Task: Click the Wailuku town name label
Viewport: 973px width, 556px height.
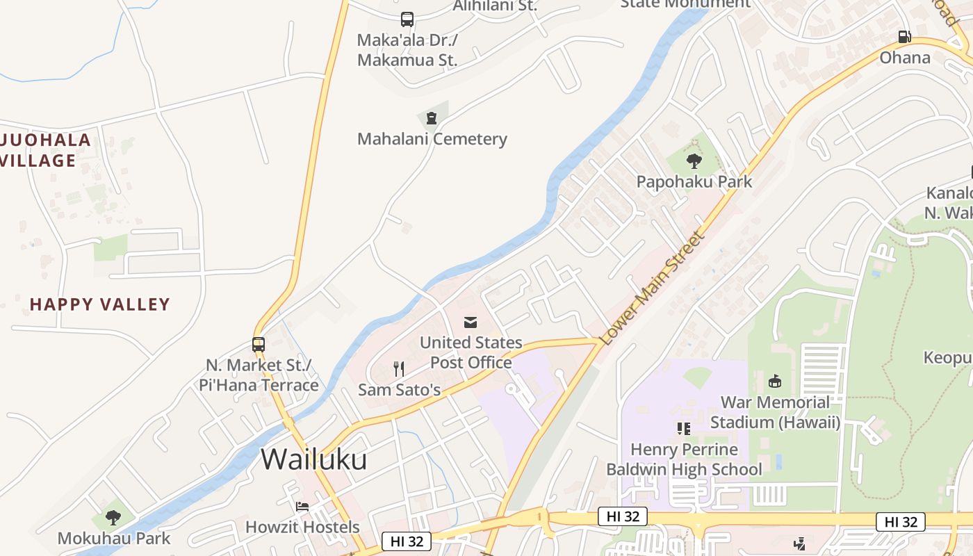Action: pyautogui.click(x=313, y=459)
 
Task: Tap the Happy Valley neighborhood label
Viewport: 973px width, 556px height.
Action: pyautogui.click(x=100, y=304)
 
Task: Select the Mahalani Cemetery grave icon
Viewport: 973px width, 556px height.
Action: pyautogui.click(x=432, y=117)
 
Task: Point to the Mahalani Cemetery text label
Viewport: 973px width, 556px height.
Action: pyautogui.click(x=432, y=139)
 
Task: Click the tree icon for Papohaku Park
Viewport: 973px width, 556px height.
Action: pyautogui.click(x=694, y=161)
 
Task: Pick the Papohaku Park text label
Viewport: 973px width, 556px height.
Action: pyautogui.click(x=694, y=182)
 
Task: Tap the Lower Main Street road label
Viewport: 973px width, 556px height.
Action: pyautogui.click(x=653, y=288)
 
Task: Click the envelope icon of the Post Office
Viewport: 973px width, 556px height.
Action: pyautogui.click(x=471, y=322)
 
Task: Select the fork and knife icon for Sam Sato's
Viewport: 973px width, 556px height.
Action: pyautogui.click(x=399, y=368)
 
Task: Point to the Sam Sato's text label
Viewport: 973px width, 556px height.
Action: pyautogui.click(x=399, y=389)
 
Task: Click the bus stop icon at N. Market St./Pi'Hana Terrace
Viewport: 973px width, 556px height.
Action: pyautogui.click(x=259, y=344)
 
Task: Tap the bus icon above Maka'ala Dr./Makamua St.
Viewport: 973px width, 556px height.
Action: pyautogui.click(x=407, y=19)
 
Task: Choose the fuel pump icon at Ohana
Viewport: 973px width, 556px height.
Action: pyautogui.click(x=904, y=36)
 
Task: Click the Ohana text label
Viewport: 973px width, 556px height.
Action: pyautogui.click(x=905, y=57)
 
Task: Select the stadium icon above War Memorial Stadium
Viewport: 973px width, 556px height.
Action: pyautogui.click(x=775, y=381)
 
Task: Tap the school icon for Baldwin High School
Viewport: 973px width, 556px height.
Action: pyautogui.click(x=684, y=428)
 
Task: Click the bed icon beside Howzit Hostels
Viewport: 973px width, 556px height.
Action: pyautogui.click(x=302, y=506)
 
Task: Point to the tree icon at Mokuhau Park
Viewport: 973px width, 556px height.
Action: pyautogui.click(x=113, y=518)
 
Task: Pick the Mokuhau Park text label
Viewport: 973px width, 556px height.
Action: pyautogui.click(x=113, y=538)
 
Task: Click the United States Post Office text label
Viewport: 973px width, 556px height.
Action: pyautogui.click(x=471, y=352)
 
